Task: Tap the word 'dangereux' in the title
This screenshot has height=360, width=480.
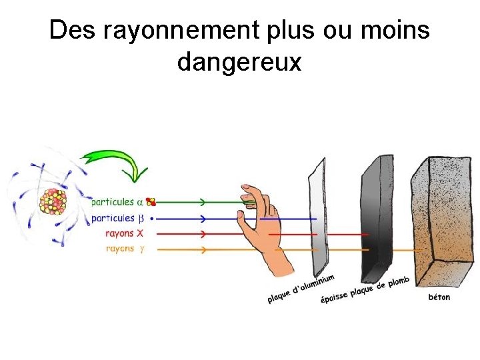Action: click(x=239, y=63)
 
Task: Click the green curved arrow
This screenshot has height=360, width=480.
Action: click(x=117, y=163)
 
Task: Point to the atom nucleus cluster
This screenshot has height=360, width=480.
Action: click(x=53, y=201)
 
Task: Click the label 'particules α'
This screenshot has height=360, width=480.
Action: click(x=117, y=201)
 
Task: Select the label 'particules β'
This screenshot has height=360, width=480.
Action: click(x=117, y=218)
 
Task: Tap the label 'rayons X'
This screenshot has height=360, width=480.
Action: click(x=124, y=233)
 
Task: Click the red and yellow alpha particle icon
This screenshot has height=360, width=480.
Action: click(x=151, y=201)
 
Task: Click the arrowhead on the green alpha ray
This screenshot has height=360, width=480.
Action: click(x=203, y=201)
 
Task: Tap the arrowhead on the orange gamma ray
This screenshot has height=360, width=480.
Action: click(x=203, y=249)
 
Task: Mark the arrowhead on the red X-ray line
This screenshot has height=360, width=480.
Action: click(x=203, y=234)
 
